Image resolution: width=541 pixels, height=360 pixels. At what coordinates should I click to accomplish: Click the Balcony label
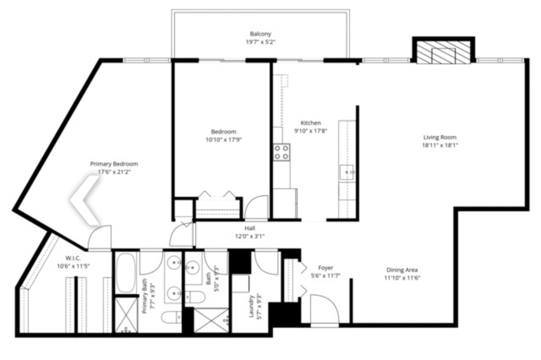pyautogui.click(x=260, y=34)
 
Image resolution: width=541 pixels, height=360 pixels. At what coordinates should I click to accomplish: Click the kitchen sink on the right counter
pyautogui.click(x=347, y=172)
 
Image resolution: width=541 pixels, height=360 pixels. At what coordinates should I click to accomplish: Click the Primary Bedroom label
pyautogui.click(x=114, y=164)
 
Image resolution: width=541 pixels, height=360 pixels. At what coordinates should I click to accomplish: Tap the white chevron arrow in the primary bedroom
pyautogui.click(x=85, y=199)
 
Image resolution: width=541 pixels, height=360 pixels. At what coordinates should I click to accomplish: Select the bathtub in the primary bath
pyautogui.click(x=126, y=273)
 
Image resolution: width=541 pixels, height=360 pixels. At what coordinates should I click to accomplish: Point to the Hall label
pyautogui.click(x=250, y=228)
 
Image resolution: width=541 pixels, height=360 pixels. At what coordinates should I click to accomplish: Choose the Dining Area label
pyautogui.click(x=402, y=270)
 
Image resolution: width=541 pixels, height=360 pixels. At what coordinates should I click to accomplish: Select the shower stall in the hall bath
pyautogui.click(x=211, y=320)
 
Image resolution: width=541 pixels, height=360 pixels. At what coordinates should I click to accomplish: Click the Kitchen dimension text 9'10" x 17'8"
pyautogui.click(x=311, y=131)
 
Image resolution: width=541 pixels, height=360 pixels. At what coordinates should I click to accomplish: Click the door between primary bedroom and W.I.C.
pyautogui.click(x=100, y=237)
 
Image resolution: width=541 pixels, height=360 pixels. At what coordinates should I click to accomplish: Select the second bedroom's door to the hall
pyautogui.click(x=257, y=208)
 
